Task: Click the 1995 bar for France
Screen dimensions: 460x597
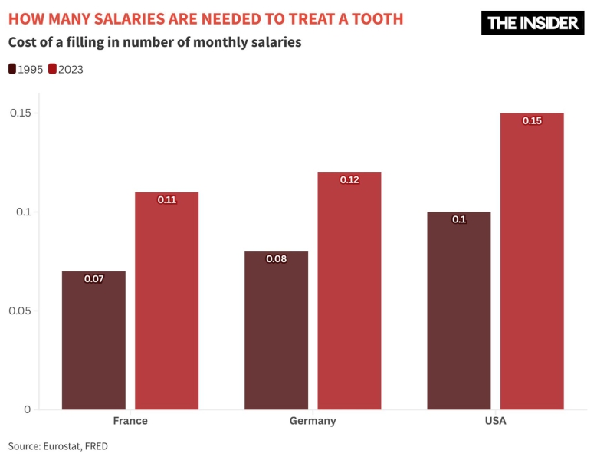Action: point(93,340)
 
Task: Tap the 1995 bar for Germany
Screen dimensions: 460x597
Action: point(276,330)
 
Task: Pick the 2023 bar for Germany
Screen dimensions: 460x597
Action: point(349,291)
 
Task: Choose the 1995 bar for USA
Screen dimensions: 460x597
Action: point(458,310)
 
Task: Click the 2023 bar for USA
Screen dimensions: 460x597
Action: point(532,261)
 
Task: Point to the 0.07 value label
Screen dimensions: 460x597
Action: point(93,278)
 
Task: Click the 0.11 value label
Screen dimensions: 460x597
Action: point(166,199)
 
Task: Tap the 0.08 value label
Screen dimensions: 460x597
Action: point(276,258)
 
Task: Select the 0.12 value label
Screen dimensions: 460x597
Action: point(349,179)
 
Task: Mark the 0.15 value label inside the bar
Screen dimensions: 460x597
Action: point(532,120)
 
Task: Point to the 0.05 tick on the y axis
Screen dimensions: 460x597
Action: point(19,310)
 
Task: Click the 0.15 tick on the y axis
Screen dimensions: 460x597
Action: point(19,113)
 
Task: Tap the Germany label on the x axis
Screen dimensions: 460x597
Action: point(313,421)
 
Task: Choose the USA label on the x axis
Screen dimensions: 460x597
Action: point(495,421)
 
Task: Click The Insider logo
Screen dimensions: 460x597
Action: point(533,23)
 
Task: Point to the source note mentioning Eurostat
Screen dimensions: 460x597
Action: point(58,445)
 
